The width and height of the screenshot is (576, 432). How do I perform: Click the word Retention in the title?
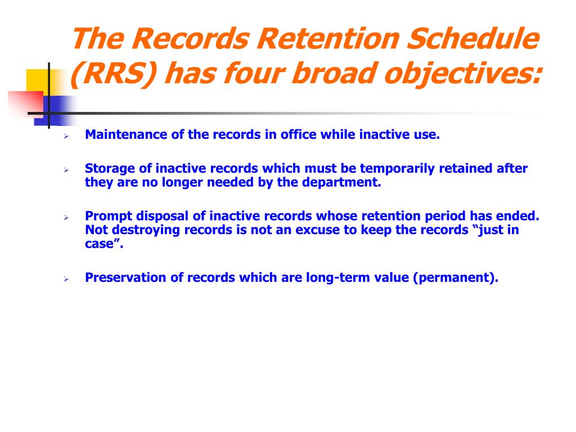[328, 39]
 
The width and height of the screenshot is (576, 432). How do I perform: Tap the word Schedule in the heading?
[474, 39]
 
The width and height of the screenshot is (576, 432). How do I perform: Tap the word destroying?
[146, 230]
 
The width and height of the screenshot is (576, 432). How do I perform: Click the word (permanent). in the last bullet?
[456, 278]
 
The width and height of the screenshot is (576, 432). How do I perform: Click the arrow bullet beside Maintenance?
[66, 136]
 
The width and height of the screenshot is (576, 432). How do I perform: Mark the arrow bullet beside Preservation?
[66, 279]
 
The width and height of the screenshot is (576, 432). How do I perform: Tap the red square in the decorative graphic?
[26, 103]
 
